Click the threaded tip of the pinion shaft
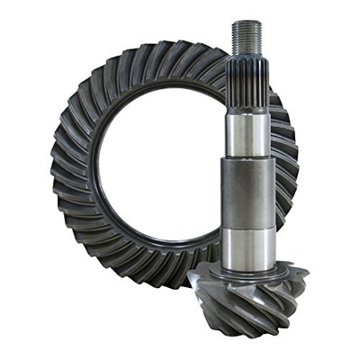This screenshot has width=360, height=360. click(x=247, y=38)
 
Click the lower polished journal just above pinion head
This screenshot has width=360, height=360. click(x=247, y=247)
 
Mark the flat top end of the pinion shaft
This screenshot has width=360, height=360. click(x=247, y=22)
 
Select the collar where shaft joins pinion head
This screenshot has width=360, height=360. click(x=247, y=268)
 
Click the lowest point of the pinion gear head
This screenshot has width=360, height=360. click(x=261, y=335)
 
